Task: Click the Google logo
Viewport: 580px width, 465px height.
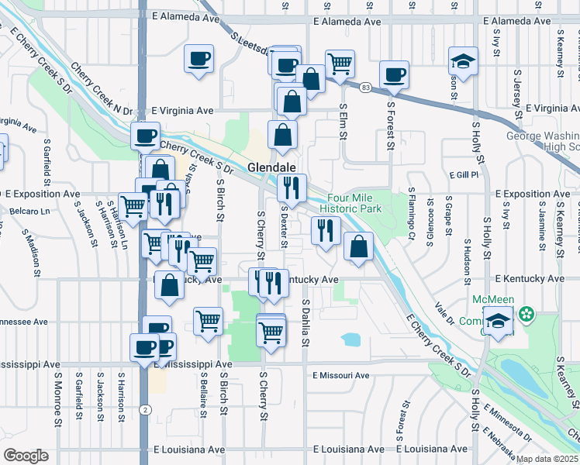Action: tap(26, 456)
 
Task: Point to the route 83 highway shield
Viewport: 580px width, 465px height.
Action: tap(365, 88)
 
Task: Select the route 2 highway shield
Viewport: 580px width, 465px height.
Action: tap(145, 408)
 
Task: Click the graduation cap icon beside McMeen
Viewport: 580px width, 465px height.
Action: tap(496, 322)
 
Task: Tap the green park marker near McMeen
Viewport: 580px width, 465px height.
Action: tap(527, 315)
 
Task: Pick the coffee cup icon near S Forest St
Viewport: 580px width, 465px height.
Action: tap(395, 75)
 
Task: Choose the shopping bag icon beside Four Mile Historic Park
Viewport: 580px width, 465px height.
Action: tap(357, 248)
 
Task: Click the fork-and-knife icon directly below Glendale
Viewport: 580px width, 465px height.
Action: tap(292, 187)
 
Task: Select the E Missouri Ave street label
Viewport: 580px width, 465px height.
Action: tap(341, 375)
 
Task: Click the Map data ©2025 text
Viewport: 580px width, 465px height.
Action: tap(547, 459)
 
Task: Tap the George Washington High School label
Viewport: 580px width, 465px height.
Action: tap(542, 140)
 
